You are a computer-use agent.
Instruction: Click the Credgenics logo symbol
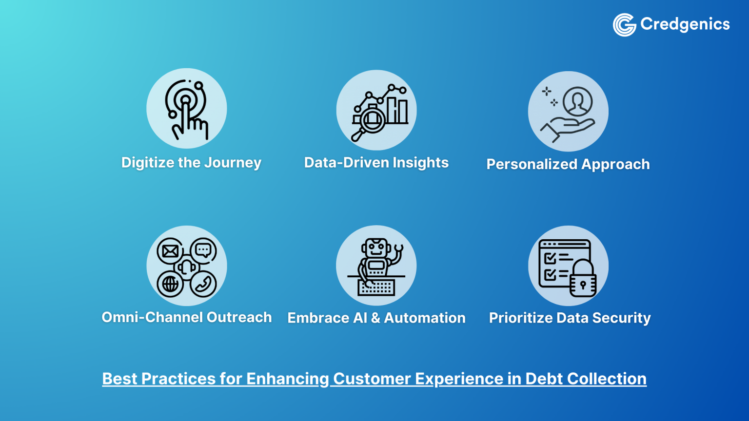(x=624, y=24)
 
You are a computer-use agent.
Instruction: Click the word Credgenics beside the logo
(x=685, y=24)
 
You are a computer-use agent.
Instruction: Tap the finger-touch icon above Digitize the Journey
(x=187, y=109)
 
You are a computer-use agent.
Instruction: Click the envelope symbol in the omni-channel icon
(x=170, y=251)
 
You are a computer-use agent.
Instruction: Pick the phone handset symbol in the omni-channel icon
(x=203, y=284)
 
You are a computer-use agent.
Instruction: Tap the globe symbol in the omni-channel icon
(x=170, y=284)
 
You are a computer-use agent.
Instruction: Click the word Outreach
(x=239, y=317)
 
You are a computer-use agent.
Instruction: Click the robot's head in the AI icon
(x=376, y=248)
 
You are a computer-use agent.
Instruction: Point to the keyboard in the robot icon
(x=376, y=287)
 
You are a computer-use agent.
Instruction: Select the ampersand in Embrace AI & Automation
(x=375, y=318)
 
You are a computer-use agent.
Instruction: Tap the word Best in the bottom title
(x=119, y=379)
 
